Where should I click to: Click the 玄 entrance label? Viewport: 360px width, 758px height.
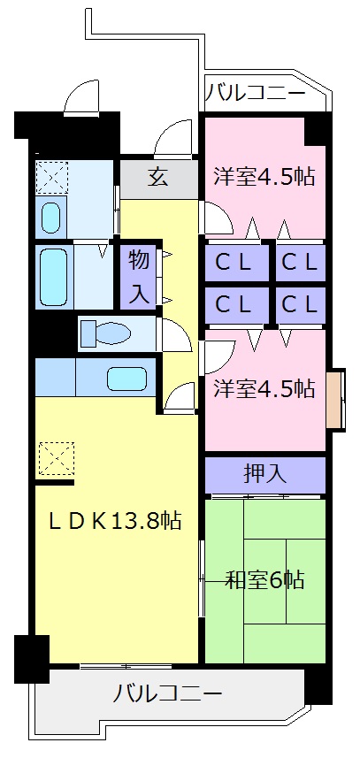[157, 178]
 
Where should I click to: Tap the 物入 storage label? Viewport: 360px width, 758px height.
[139, 277]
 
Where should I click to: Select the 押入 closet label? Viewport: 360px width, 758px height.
[265, 473]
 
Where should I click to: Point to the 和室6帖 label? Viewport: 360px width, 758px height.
[264, 580]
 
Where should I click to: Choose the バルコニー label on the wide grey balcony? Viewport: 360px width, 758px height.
[167, 693]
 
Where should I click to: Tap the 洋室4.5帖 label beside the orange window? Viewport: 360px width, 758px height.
[264, 387]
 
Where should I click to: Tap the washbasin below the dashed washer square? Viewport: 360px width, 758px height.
[51, 217]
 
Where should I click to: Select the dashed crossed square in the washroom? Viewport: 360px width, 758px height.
[51, 177]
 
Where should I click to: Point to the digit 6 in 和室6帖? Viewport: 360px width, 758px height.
[275, 580]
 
